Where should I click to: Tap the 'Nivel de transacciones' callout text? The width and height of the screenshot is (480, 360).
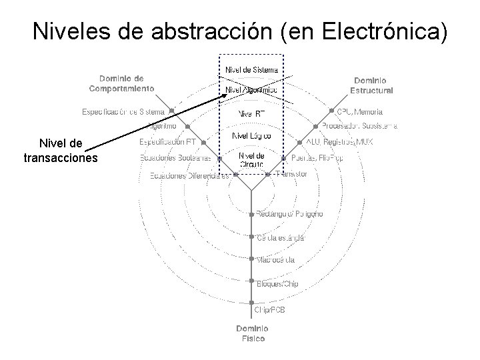click(x=61, y=151)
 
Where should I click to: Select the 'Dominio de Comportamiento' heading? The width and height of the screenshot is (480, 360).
click(x=122, y=83)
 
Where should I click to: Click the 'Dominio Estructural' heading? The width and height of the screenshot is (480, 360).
click(x=371, y=85)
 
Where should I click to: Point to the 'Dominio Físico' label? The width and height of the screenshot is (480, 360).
click(x=253, y=333)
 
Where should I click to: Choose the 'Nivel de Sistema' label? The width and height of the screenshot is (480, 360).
click(x=251, y=69)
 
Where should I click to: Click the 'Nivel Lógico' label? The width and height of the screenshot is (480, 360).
click(x=251, y=136)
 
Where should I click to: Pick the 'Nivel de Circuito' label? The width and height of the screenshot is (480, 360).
click(x=251, y=160)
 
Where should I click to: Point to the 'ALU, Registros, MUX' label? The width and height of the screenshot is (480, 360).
click(x=340, y=142)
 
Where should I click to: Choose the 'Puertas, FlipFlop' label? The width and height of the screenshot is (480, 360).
click(x=317, y=158)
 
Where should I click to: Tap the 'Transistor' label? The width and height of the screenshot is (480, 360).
click(x=291, y=174)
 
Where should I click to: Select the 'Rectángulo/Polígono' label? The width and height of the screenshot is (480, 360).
click(x=290, y=214)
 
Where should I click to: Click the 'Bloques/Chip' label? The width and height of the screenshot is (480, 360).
click(x=277, y=283)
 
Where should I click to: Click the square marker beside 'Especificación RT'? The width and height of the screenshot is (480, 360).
click(x=203, y=142)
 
